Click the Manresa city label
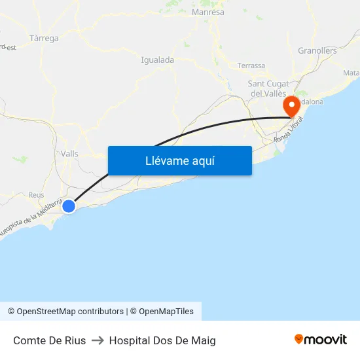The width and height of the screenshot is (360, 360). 208,12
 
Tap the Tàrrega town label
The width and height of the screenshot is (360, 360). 44,39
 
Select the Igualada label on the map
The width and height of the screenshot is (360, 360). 157,60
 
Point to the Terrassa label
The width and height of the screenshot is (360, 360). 251,65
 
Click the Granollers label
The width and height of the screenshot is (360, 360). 317,50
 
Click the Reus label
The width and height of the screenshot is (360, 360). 36,195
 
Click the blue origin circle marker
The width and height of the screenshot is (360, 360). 69,206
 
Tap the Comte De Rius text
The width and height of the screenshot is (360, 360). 49,340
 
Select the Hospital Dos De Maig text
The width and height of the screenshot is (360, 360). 162,340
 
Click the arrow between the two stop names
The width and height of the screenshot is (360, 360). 98,340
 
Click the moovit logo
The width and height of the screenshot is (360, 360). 320,339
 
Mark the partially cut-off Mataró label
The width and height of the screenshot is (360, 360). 351,73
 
